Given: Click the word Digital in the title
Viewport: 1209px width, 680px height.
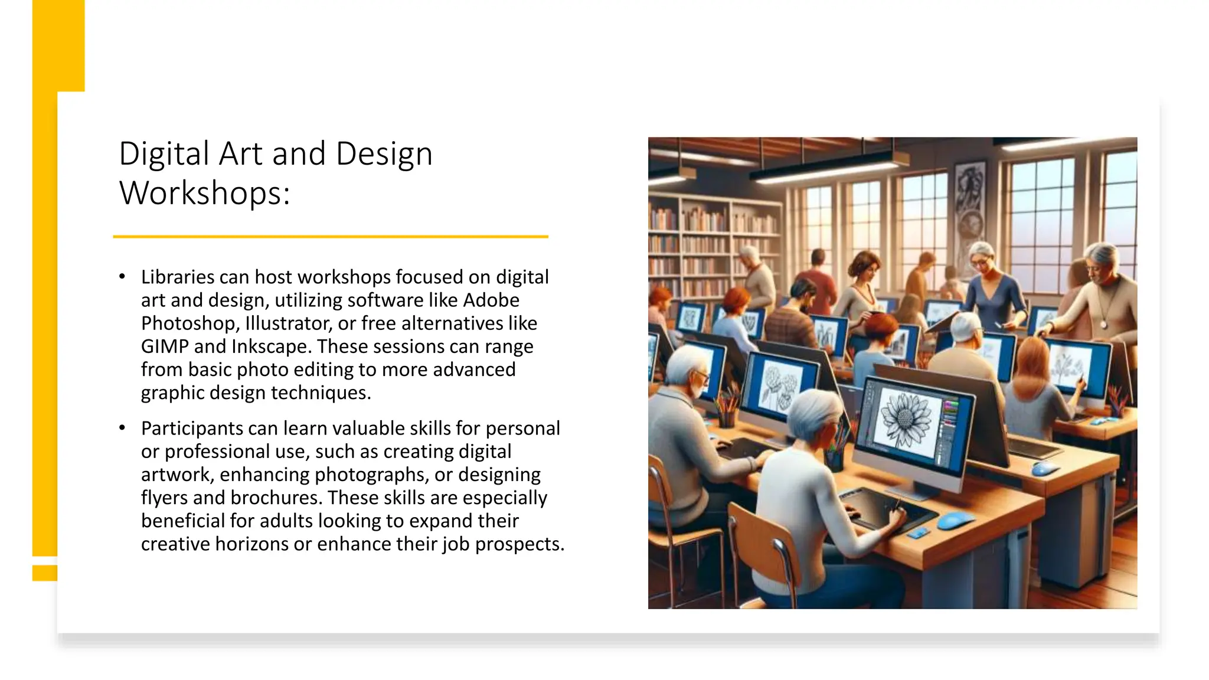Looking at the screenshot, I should click(164, 154).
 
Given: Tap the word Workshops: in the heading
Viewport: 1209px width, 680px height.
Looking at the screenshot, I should click(204, 193).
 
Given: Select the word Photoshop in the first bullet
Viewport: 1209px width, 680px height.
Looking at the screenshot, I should click(187, 323).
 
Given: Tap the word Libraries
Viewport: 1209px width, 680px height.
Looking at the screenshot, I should click(177, 277).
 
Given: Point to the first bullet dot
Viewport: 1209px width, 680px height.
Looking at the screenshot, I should click(122, 276).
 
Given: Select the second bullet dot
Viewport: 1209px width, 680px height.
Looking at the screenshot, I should click(122, 428).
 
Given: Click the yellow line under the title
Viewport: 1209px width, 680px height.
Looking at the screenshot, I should click(331, 237).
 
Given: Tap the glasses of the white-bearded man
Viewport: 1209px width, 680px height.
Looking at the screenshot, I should click(701, 375).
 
